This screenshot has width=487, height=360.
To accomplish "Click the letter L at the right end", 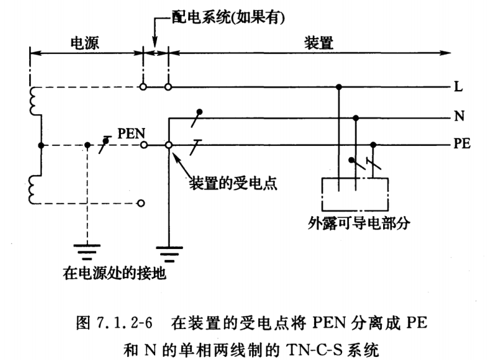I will pos(457,87).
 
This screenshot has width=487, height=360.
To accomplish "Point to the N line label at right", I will pos(457,117).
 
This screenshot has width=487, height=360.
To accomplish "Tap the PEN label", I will pos(132,134).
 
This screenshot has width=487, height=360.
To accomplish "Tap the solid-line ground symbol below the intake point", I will pos(168,252).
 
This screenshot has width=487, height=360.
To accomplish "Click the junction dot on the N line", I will pos(355,117).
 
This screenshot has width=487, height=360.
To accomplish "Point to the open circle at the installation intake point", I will pos(168,145).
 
